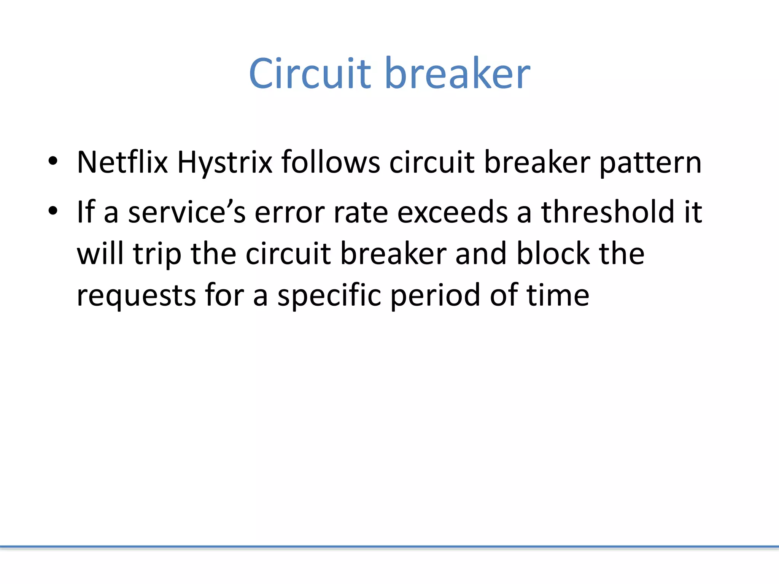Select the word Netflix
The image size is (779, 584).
click(x=122, y=162)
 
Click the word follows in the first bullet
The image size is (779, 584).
click(x=330, y=162)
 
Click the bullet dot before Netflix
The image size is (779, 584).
click(x=53, y=161)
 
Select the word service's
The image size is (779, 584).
click(x=187, y=212)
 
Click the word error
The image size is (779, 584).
click(x=289, y=213)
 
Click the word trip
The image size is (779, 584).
click(x=157, y=254)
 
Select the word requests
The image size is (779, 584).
click(x=136, y=296)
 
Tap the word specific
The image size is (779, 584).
click(x=329, y=295)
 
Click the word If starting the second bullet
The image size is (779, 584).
click(x=86, y=212)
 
